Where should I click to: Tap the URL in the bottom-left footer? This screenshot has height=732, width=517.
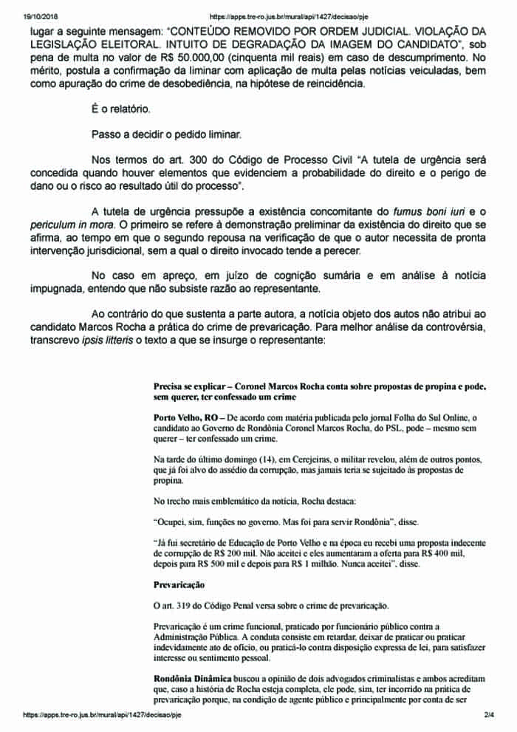(101, 715)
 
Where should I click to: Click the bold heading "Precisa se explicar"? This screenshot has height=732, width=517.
(191, 386)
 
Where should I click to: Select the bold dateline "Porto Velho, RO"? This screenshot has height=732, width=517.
(185, 417)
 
